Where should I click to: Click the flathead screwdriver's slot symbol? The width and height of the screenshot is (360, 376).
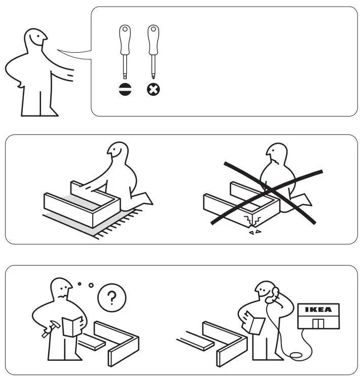coord(124,90)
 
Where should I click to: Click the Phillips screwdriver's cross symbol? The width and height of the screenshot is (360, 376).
coord(153,90)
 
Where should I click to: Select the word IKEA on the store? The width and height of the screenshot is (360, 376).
coord(318,310)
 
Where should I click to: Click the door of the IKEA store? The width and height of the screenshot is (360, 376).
coord(319,323)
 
